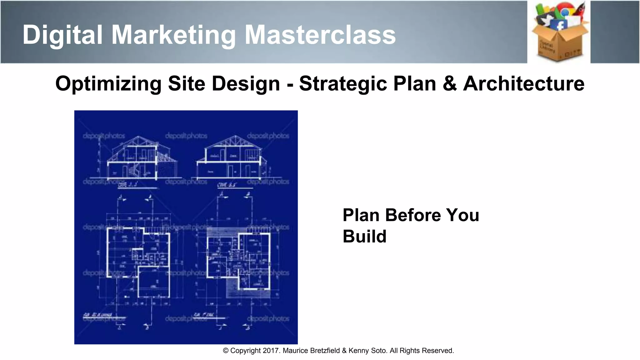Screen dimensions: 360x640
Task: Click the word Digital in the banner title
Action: [62, 35]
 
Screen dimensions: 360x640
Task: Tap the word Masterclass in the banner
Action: [320, 35]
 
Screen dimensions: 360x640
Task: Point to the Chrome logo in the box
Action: [565, 11]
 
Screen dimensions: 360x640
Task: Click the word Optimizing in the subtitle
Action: [108, 84]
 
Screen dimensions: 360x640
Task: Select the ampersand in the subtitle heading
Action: [449, 84]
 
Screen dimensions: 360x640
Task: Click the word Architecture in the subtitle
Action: [524, 84]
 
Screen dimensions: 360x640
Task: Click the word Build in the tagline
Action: [364, 236]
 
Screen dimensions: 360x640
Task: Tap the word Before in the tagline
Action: [413, 215]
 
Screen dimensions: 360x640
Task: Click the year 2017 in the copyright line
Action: [271, 351]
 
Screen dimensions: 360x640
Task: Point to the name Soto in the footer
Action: [379, 351]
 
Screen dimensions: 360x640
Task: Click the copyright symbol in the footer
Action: [226, 351]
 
